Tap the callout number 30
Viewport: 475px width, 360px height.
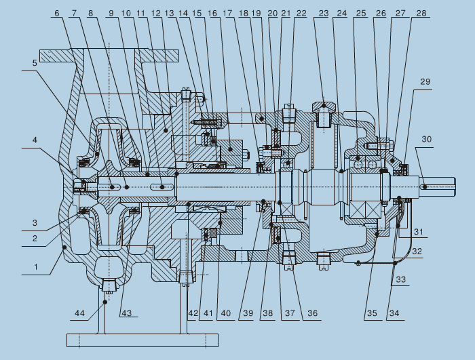pyautogui.click(x=425, y=140)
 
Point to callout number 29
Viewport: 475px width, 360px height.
pyautogui.click(x=425, y=81)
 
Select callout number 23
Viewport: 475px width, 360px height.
pyautogui.click(x=323, y=13)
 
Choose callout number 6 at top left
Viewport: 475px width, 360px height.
pyautogui.click(x=56, y=13)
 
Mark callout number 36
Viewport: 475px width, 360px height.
pyautogui.click(x=312, y=313)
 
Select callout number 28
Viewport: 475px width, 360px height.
pyautogui.click(x=421, y=13)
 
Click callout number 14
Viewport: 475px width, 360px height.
pyautogui.click(x=184, y=13)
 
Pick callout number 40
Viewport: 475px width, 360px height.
pyautogui.click(x=226, y=313)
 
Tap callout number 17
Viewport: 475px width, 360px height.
pyautogui.click(x=227, y=13)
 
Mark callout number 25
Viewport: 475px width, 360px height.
pyautogui.click(x=360, y=13)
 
